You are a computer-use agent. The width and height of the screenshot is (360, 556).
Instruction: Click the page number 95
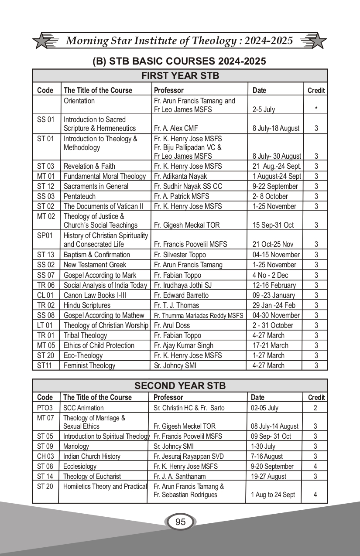tap(180, 522)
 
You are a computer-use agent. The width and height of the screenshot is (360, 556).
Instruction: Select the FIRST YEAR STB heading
tap(180, 76)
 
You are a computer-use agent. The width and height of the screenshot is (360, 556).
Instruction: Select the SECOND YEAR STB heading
tap(180, 385)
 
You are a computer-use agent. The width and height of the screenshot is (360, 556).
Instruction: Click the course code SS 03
tap(45, 196)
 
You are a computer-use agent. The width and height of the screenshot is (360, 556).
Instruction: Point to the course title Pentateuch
tap(79, 196)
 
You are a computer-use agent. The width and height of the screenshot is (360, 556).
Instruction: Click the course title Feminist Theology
tap(89, 365)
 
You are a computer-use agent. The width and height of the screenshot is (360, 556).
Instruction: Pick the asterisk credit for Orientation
tap(316, 109)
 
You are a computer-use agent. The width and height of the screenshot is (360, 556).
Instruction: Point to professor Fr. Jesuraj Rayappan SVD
tap(189, 456)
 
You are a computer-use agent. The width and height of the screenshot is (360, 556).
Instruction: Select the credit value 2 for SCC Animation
tap(315, 408)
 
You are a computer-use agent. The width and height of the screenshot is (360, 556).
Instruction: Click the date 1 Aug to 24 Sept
tap(273, 495)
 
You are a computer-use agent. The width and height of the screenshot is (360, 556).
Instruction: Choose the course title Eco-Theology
tap(83, 355)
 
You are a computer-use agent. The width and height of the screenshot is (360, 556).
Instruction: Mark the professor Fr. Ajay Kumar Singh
tap(184, 345)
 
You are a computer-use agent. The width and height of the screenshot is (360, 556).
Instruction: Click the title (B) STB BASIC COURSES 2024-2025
tap(179, 61)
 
